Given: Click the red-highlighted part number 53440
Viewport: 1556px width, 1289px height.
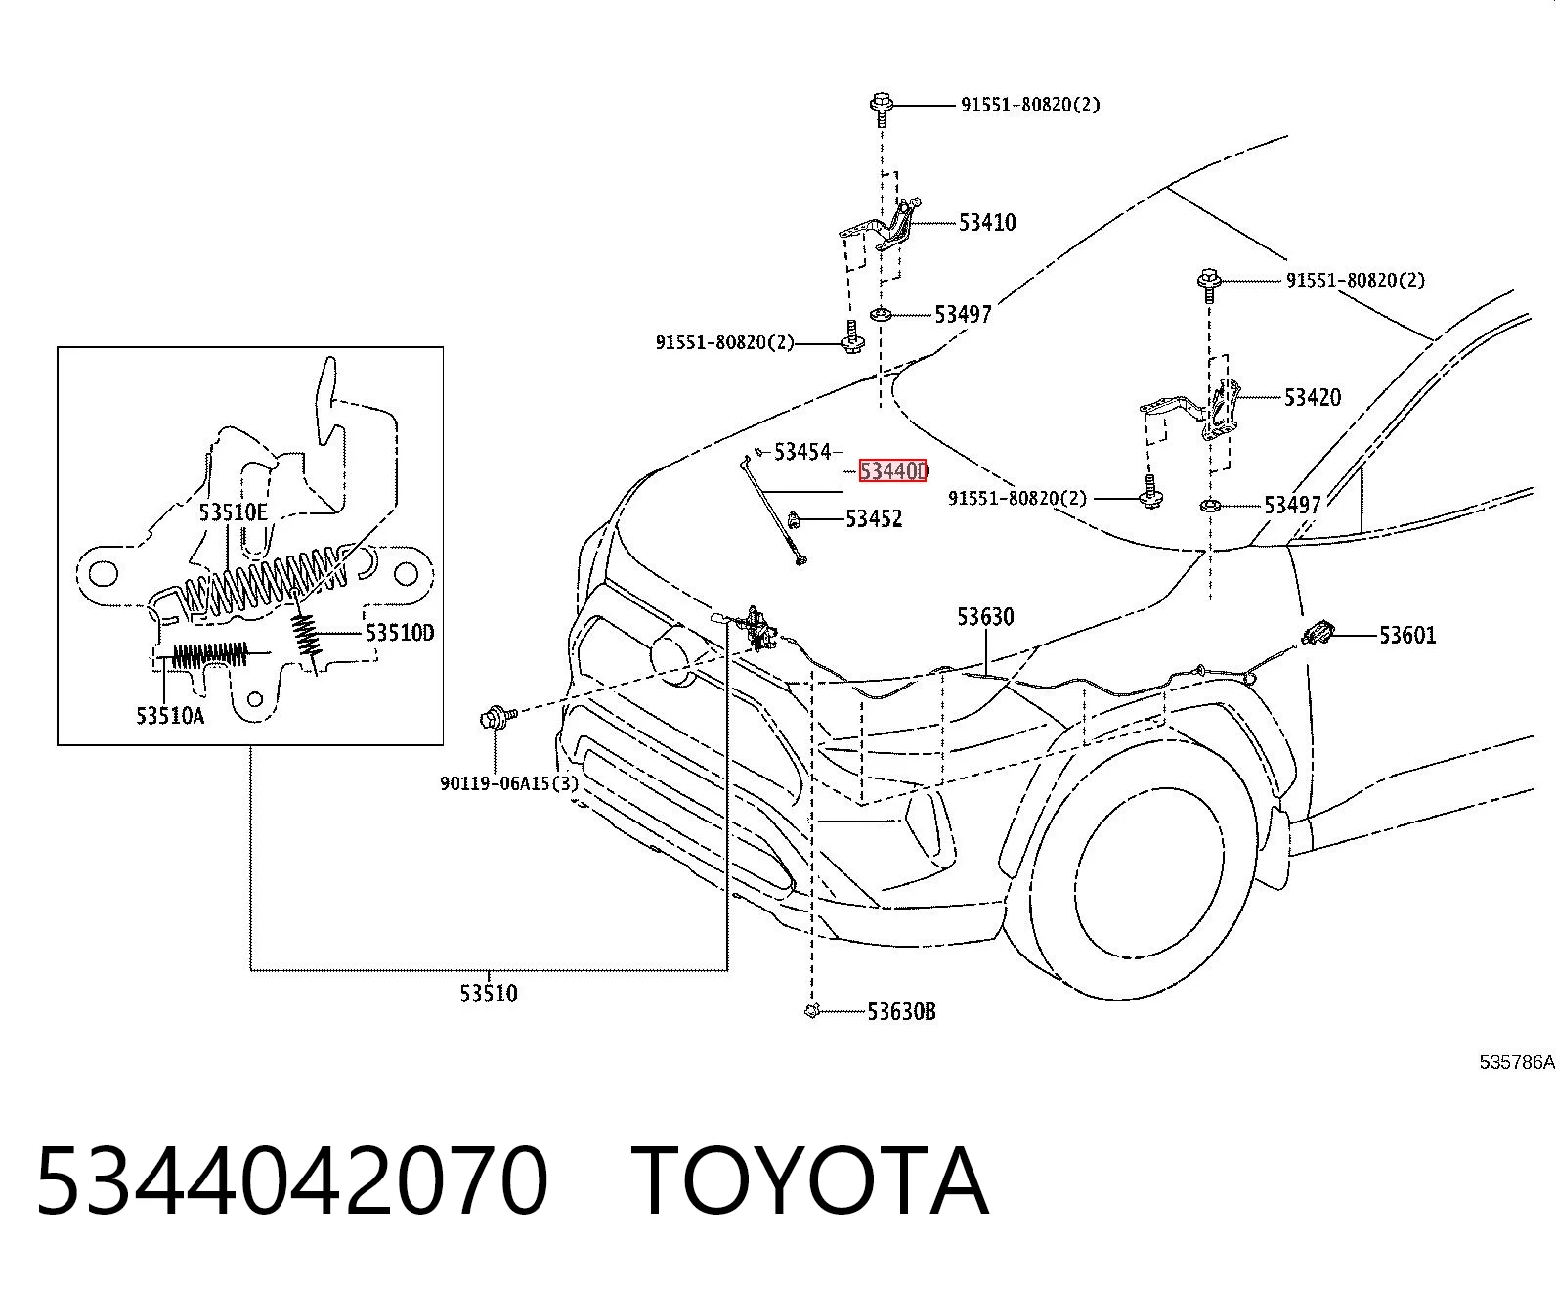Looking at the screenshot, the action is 892,470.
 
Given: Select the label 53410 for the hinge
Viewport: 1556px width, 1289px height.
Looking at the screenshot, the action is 986,222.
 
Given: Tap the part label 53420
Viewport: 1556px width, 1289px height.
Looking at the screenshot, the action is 1313,397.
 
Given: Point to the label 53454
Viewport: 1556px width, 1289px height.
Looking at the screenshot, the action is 801,451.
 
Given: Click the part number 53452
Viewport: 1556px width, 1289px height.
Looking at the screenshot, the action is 874,518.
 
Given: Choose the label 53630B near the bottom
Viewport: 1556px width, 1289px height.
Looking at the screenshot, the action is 902,1011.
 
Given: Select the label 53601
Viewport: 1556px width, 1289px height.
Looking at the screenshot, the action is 1407,635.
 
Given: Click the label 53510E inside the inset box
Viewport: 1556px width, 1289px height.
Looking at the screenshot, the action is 233,512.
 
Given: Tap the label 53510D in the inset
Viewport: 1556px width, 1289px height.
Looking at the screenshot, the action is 400,633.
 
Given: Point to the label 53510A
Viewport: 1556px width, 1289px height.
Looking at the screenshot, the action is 170,715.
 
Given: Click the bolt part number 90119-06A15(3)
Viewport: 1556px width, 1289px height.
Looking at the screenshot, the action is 509,783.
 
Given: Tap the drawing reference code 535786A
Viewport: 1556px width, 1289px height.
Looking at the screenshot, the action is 1517,1062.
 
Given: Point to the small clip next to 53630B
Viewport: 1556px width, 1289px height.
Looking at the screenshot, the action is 811,1011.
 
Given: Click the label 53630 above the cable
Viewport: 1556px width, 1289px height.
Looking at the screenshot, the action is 985,617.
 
